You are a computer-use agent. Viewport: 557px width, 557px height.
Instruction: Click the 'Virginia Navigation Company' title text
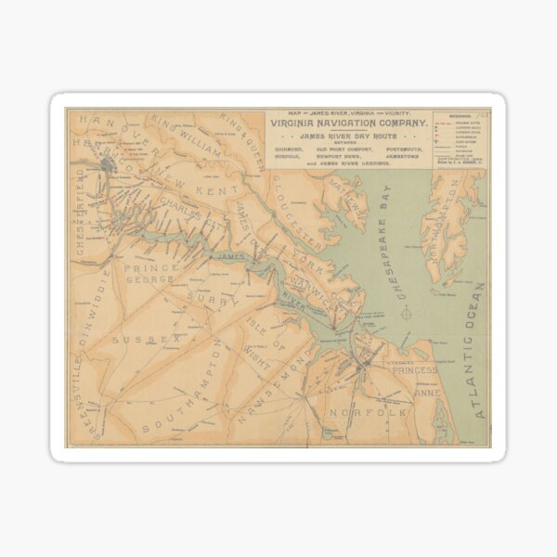(348, 123)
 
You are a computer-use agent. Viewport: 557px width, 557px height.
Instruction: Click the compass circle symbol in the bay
(406, 314)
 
